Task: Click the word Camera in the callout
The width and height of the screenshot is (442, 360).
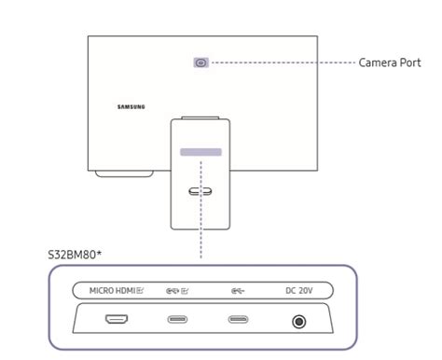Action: point(378,62)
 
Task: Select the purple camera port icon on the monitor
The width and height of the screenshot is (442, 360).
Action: point(200,62)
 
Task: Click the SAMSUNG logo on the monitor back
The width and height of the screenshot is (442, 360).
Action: point(131,105)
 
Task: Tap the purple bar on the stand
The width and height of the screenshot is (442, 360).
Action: point(201,150)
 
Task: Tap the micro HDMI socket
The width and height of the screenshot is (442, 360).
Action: point(118,321)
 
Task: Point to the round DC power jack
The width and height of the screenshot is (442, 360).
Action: point(298,322)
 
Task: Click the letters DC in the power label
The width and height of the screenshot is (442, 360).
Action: point(290,290)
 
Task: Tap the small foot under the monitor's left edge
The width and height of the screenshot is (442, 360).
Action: point(117,173)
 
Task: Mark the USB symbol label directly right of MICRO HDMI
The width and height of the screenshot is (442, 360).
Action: point(176,290)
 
